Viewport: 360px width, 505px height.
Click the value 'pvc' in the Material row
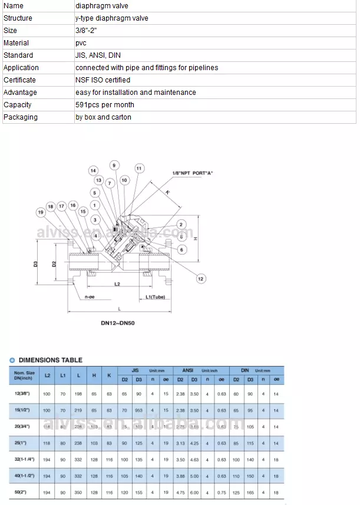81,43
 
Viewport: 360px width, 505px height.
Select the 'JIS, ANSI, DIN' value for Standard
98,55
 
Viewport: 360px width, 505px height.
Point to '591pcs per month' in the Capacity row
104,105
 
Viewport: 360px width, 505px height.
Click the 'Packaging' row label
21,117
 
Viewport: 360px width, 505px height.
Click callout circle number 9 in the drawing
114,166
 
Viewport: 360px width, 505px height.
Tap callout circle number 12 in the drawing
200,279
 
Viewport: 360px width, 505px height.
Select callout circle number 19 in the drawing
41,212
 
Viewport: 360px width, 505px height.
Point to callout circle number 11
139,169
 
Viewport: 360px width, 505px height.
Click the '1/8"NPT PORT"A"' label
192,173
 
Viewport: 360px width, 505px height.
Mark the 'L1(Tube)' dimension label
155,297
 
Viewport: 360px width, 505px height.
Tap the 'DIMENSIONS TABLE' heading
51,359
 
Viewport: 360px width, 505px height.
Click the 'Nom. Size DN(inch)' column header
25,375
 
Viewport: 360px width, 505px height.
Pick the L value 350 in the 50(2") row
78,491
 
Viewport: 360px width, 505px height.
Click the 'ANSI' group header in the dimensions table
187,369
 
